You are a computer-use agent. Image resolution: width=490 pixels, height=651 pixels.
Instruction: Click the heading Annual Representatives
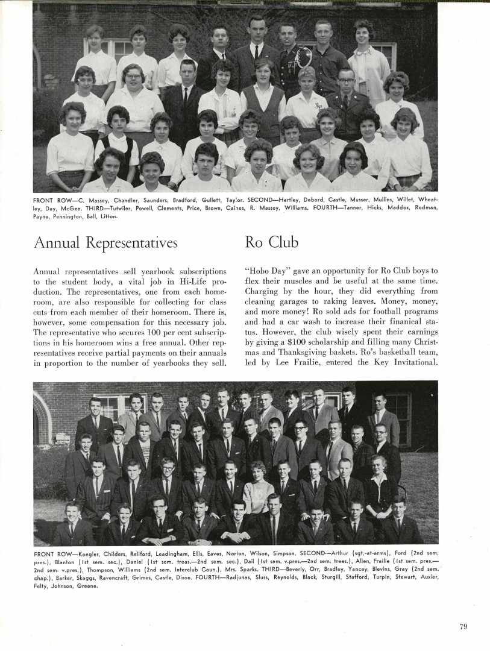pyautogui.click(x=105, y=242)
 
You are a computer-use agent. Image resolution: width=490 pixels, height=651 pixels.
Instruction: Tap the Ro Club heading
pyautogui.click(x=271, y=242)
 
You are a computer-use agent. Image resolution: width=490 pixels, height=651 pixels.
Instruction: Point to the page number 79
pyautogui.click(x=463, y=626)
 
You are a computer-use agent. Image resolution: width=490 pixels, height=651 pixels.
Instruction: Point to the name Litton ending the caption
pyautogui.click(x=107, y=215)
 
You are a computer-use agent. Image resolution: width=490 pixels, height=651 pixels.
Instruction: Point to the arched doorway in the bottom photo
pyautogui.click(x=42, y=416)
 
